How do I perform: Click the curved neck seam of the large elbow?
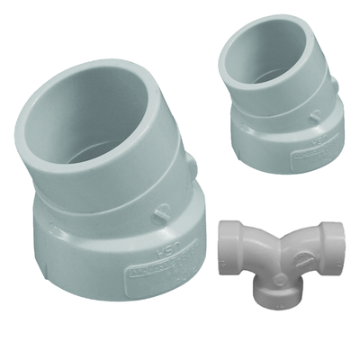(x=117, y=202)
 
